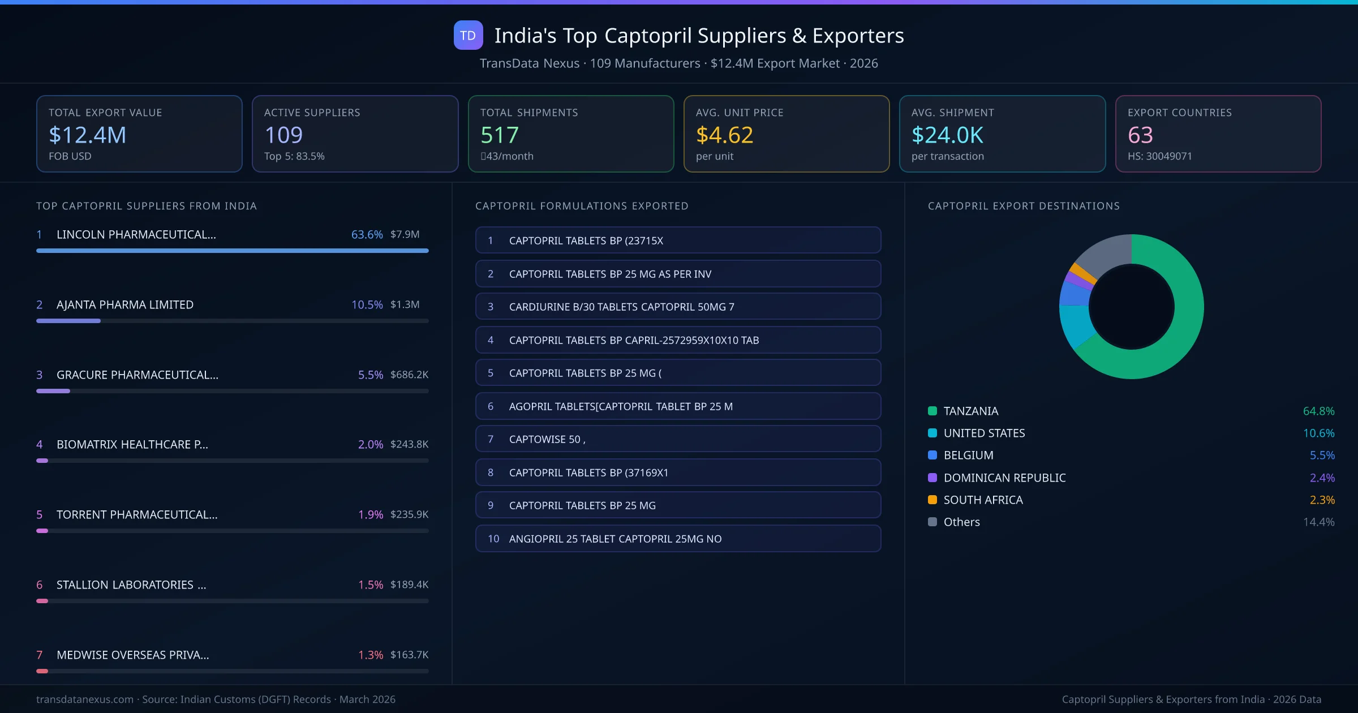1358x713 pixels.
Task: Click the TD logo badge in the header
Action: (x=468, y=36)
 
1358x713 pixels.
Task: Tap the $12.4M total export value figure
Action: (x=87, y=135)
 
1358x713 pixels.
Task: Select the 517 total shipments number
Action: (x=499, y=135)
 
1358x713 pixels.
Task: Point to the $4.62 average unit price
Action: (x=724, y=135)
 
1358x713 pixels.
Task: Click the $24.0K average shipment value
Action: (x=947, y=135)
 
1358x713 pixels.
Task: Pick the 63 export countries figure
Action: (x=1140, y=135)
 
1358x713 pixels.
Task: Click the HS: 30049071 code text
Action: (x=1159, y=156)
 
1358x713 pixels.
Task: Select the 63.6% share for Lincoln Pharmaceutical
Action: (x=367, y=234)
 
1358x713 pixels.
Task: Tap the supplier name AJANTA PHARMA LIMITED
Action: (x=125, y=304)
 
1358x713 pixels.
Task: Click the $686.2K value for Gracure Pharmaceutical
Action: (x=409, y=375)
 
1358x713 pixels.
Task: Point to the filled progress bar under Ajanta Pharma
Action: (x=68, y=321)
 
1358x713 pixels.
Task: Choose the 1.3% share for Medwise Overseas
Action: (x=370, y=655)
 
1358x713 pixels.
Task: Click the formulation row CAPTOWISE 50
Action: (x=678, y=439)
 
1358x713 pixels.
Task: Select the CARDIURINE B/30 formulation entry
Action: (x=678, y=307)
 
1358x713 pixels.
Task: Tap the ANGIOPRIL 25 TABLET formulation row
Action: (x=678, y=539)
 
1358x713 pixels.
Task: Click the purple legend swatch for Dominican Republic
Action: (x=932, y=478)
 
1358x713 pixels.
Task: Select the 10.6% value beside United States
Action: (x=1318, y=433)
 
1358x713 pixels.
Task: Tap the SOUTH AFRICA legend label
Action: (x=983, y=500)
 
